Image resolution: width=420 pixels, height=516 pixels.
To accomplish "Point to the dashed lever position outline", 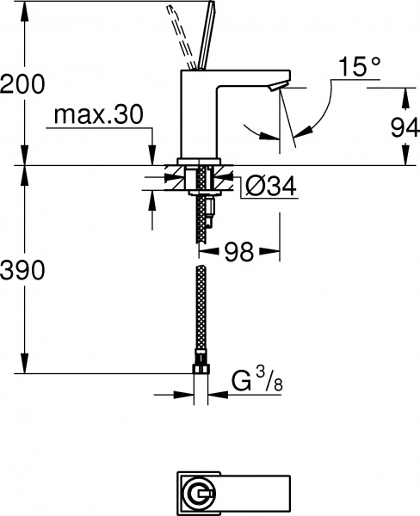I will pyautogui.click(x=178, y=30).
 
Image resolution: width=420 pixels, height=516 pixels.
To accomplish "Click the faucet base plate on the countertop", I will pyautogui.click(x=201, y=161).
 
